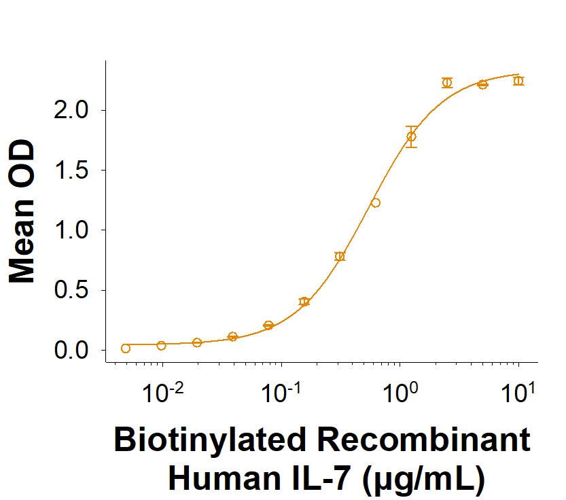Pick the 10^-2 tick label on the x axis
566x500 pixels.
point(164,392)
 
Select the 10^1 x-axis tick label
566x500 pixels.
point(518,392)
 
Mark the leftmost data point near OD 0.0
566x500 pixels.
point(126,349)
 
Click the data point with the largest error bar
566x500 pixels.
point(411,137)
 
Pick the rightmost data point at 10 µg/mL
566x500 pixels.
point(518,81)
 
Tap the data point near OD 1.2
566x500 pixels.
point(376,202)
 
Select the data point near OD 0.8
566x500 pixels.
point(340,256)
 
